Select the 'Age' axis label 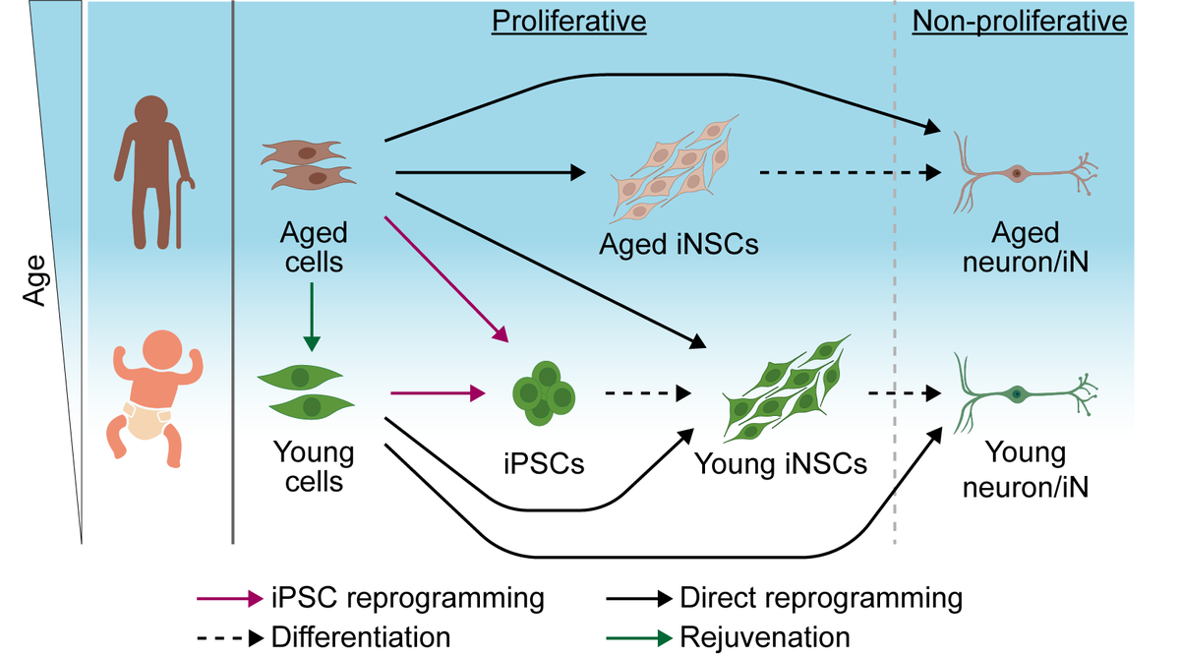[35, 280]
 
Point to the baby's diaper [147, 420]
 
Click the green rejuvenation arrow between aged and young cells [312, 317]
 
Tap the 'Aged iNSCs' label [678, 245]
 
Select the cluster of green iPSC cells [544, 393]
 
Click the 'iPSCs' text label [544, 464]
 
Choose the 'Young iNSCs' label [781, 464]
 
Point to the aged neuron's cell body [1017, 173]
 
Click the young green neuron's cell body [1017, 394]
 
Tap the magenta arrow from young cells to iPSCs [438, 393]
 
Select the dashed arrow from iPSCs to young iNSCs [648, 393]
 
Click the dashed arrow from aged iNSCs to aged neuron [851, 172]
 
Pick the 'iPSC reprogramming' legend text [408, 599]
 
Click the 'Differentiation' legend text [361, 637]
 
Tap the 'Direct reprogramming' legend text [821, 599]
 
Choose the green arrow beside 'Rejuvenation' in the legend [639, 638]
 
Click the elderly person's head [151, 112]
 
